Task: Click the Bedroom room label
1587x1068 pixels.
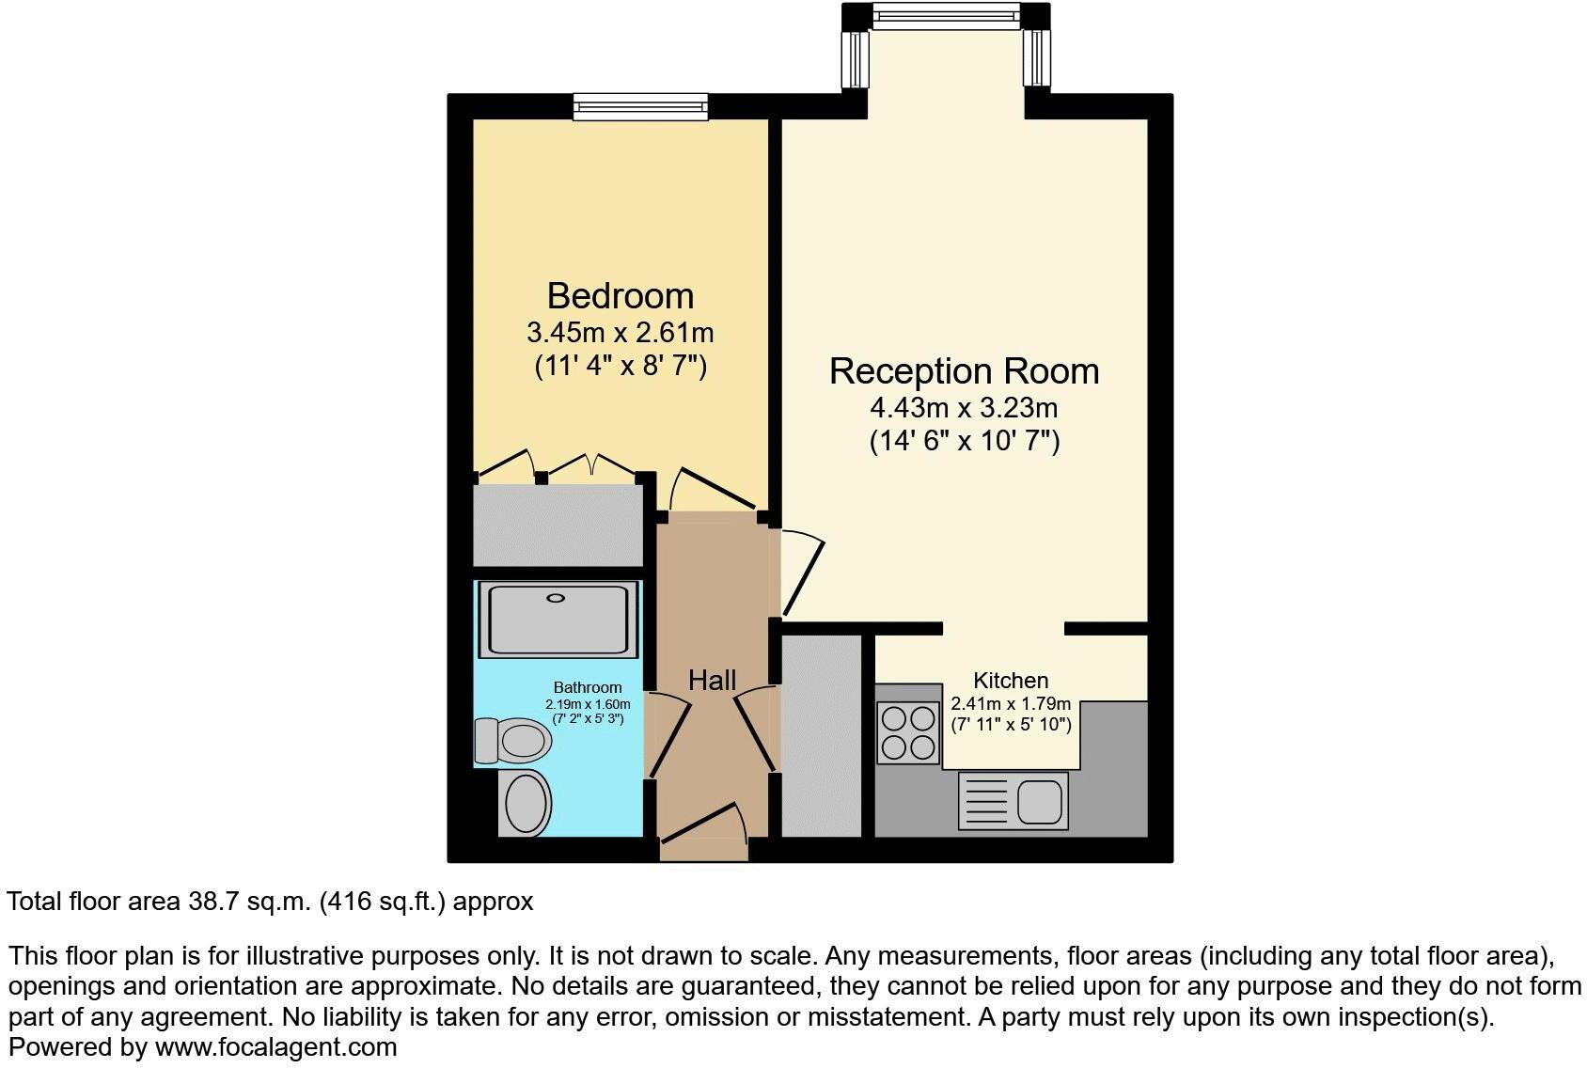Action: [621, 296]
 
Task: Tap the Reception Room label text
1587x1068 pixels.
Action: [964, 371]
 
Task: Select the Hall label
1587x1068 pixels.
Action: [712, 680]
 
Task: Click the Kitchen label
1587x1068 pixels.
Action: [1011, 680]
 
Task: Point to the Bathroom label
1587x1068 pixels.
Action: [588, 687]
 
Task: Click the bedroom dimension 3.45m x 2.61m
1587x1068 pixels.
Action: [621, 333]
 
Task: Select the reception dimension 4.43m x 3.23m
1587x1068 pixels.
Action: [964, 408]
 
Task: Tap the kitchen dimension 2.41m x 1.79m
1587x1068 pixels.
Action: [1011, 704]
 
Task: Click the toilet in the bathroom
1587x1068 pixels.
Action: [512, 741]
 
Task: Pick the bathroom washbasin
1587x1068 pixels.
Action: [526, 804]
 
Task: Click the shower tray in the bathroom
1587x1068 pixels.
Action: [558, 618]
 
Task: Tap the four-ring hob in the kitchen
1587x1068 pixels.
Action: [908, 733]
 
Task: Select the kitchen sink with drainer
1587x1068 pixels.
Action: [1013, 801]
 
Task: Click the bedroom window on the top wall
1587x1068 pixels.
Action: [640, 107]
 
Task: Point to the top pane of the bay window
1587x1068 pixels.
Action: [945, 16]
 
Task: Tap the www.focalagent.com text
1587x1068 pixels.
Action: [275, 1046]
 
